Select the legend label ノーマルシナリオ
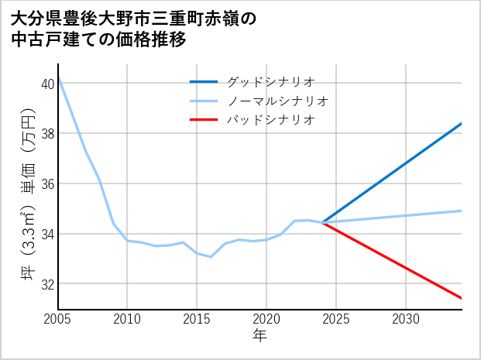point(277,101)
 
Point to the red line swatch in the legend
point(204,120)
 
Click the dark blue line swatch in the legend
point(204,81)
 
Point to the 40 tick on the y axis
point(48,84)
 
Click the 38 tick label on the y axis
point(48,134)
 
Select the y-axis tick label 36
point(48,183)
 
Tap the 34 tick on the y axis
point(48,234)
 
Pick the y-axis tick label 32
point(48,284)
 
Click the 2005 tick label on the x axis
point(58,319)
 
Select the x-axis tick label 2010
point(127,319)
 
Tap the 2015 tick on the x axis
point(197,319)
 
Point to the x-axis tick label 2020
point(266,319)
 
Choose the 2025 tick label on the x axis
point(336,319)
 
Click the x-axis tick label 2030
point(406,319)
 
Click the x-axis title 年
point(259,336)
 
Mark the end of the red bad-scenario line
point(462,298)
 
